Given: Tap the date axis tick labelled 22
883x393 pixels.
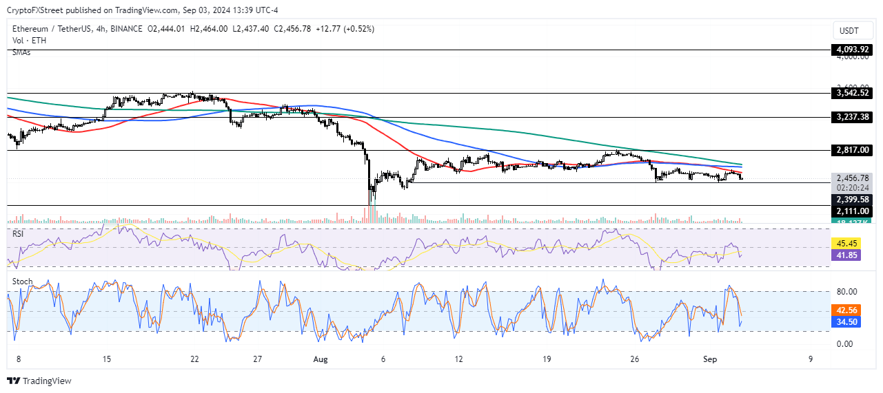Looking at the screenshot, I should coord(195,359).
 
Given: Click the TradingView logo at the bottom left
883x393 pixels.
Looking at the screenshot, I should coord(39,381).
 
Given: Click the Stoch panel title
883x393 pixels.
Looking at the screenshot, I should coord(22,282).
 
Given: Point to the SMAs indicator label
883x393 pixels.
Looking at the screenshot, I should coord(21,52).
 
